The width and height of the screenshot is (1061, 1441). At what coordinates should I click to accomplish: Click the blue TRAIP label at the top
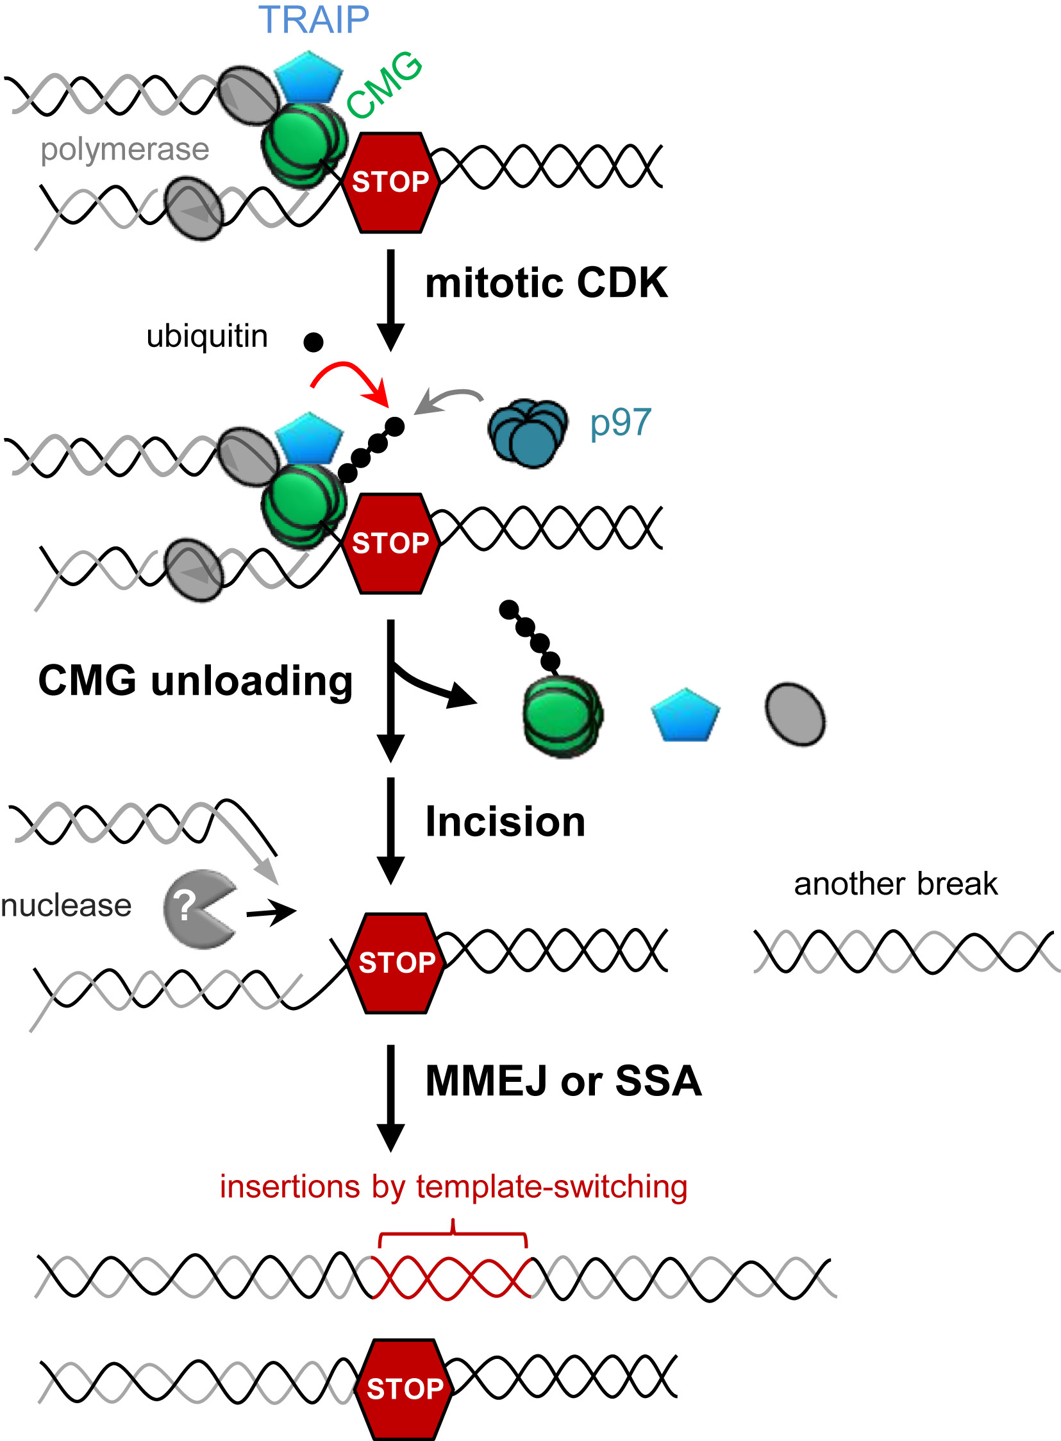coord(313,20)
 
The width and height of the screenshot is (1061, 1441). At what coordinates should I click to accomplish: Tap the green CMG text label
coord(383,86)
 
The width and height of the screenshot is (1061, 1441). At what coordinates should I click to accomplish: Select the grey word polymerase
coord(124,149)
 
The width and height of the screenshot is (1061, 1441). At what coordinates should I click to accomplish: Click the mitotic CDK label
coord(546,283)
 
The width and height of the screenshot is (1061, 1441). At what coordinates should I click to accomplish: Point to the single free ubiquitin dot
coord(313,342)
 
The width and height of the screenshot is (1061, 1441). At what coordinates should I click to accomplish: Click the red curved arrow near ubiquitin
coord(350,379)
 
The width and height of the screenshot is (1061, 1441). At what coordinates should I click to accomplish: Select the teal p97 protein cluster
coord(528,434)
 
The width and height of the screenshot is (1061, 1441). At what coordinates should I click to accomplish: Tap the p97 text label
coord(621,423)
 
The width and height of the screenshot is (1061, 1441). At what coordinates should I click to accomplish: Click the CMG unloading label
coord(196,680)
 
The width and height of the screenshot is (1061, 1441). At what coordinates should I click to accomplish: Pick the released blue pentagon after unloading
coord(685,716)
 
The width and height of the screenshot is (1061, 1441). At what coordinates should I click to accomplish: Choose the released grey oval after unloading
coord(795,714)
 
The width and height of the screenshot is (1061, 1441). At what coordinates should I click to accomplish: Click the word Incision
coord(505,822)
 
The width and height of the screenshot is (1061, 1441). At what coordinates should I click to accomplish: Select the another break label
coord(896,884)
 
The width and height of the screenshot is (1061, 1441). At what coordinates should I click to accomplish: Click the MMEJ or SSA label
coord(564,1081)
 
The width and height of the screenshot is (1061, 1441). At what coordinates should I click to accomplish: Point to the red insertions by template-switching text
coord(453,1186)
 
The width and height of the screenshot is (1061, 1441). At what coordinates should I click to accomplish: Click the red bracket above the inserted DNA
coord(453,1233)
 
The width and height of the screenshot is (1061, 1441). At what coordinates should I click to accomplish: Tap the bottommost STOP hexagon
coord(404,1388)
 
